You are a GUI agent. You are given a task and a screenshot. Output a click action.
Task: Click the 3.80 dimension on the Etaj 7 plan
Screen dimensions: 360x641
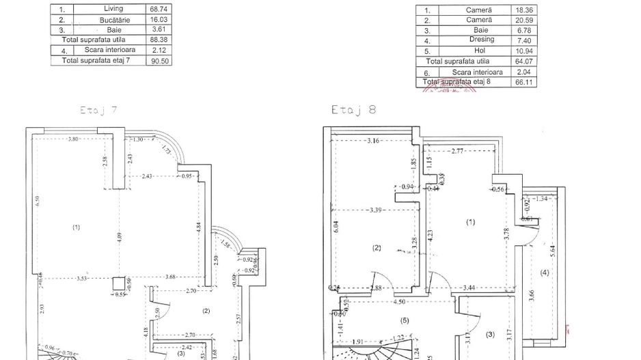pos(74,139)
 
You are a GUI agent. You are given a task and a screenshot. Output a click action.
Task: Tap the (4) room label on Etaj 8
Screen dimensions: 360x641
pos(544,273)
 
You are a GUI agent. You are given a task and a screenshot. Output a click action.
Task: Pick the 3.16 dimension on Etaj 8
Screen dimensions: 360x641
pos(373,141)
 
